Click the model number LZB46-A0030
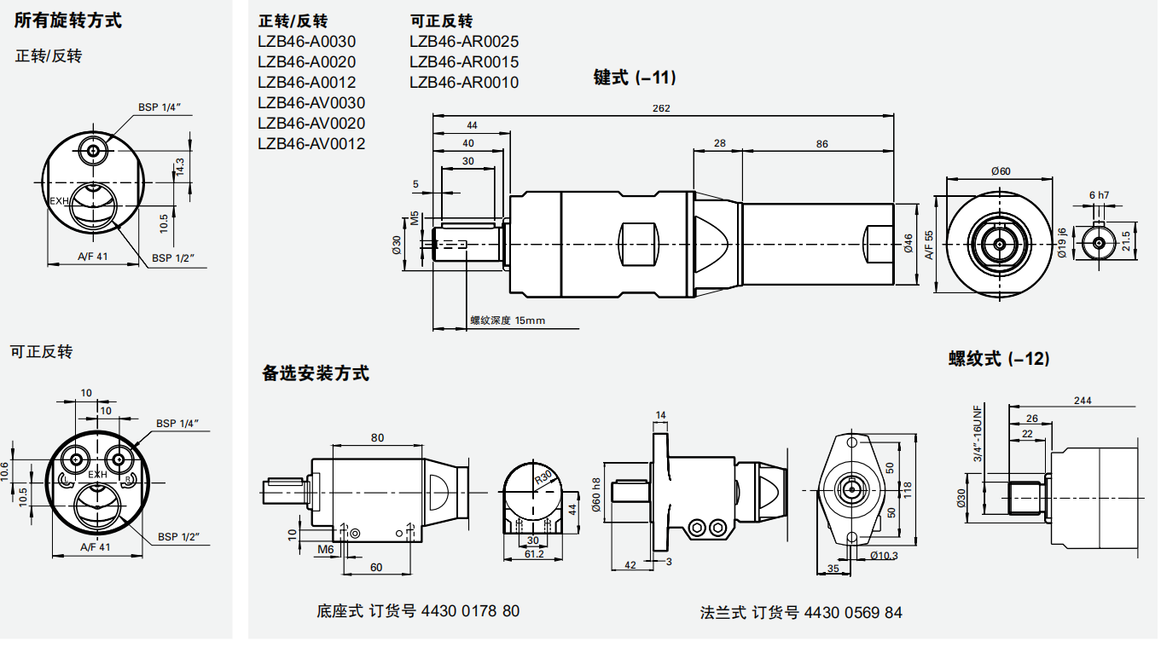[306, 42]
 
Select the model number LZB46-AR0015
[463, 62]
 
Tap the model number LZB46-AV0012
[311, 144]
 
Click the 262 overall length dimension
[661, 108]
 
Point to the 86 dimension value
[821, 144]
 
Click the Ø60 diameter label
[1001, 171]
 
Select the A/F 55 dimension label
[929, 245]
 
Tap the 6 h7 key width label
[1099, 195]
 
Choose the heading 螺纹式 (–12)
[999, 359]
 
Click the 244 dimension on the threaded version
[1083, 401]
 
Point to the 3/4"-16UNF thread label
[978, 432]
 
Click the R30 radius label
[543, 477]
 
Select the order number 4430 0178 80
[470, 611]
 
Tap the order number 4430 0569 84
[853, 613]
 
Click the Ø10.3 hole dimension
[884, 555]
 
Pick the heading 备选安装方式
[316, 373]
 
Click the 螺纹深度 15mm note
[507, 321]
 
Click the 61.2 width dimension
[533, 554]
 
